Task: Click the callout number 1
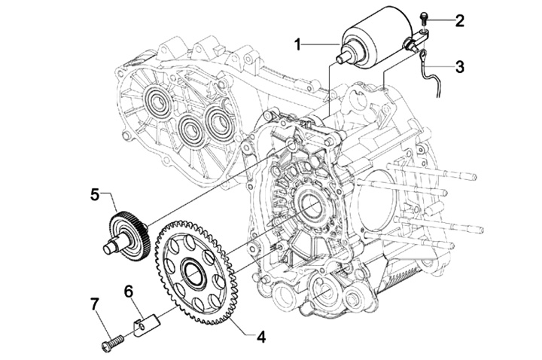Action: tap(298, 45)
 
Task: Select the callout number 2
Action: tap(459, 20)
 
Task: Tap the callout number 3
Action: tap(459, 67)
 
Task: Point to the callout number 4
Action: tap(261, 337)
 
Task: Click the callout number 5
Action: tap(94, 194)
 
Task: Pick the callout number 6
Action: tap(129, 291)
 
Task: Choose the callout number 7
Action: tap(95, 304)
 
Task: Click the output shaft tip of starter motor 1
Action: tap(343, 58)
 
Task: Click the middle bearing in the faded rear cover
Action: tap(190, 130)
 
